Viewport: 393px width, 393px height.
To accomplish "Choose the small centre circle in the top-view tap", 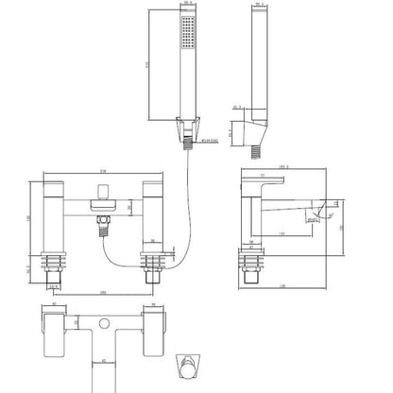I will [101, 321].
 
